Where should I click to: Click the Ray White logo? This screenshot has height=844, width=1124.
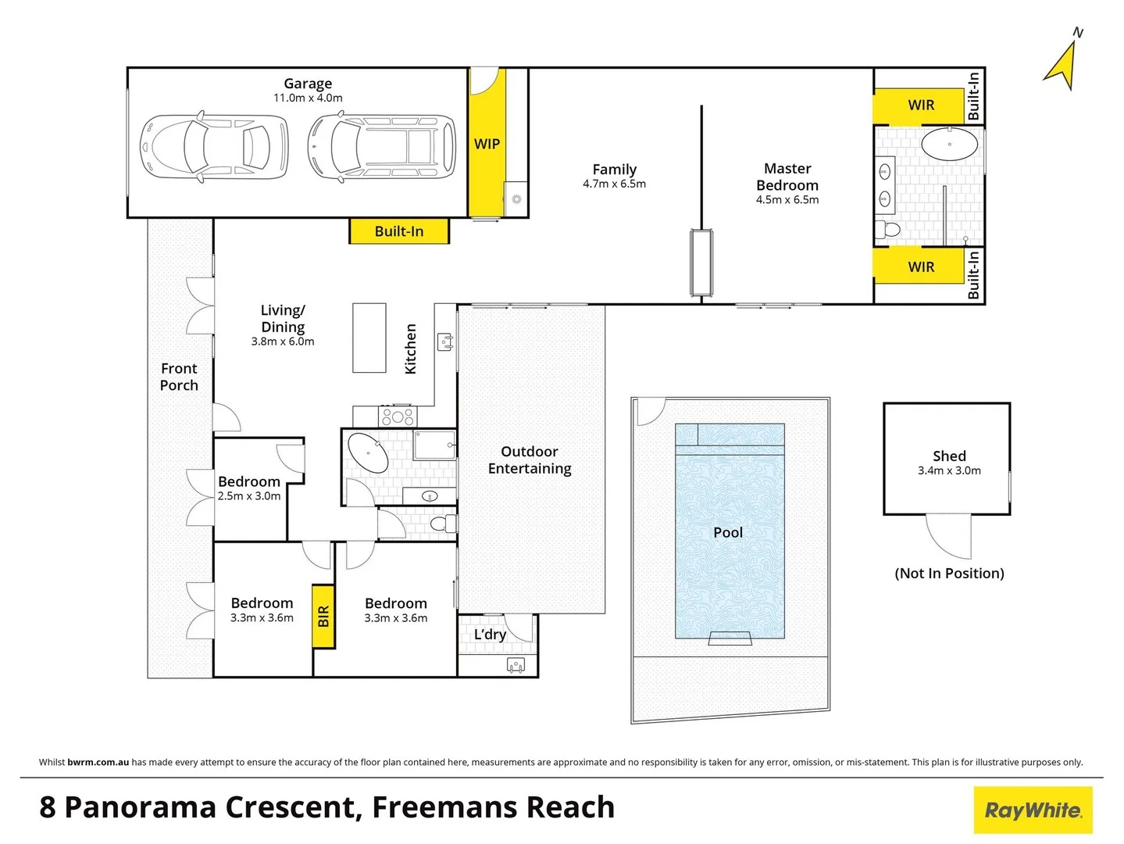click(1033, 810)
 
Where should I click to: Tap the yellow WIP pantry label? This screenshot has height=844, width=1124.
click(487, 144)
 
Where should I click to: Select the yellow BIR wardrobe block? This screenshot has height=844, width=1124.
click(323, 617)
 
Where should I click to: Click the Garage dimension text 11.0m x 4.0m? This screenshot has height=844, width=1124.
click(308, 98)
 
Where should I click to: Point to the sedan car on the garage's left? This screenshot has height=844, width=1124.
click(213, 147)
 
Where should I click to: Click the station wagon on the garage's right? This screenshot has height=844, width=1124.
click(382, 147)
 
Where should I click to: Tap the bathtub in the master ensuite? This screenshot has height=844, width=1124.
click(949, 145)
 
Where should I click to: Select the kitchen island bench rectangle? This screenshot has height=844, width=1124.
click(369, 338)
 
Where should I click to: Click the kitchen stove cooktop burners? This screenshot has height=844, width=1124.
click(397, 417)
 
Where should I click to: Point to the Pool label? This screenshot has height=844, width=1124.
click(728, 532)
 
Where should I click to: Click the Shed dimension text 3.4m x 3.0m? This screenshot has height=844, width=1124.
click(949, 470)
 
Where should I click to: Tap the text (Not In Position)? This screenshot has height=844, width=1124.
click(949, 574)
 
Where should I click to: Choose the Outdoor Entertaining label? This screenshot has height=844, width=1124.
click(530, 460)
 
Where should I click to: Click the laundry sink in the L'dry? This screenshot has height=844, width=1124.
click(516, 666)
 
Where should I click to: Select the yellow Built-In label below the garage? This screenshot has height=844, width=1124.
click(399, 231)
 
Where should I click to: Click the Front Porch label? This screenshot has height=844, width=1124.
click(179, 377)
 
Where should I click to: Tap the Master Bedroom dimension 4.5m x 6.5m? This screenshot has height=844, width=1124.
click(787, 200)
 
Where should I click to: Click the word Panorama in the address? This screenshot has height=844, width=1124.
click(212, 807)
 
